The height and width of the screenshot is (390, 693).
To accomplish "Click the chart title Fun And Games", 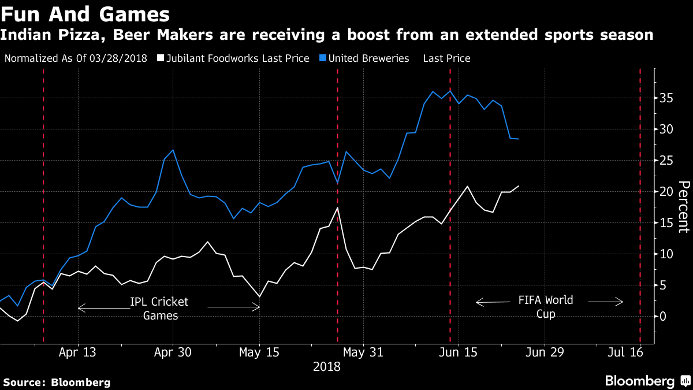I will (85, 13).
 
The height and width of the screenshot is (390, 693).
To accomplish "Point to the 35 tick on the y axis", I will (667, 98).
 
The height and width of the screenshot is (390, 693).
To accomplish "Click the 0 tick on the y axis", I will (664, 317).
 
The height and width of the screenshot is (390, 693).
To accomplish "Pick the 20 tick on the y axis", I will (667, 192).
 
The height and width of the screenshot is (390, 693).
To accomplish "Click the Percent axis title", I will (683, 207).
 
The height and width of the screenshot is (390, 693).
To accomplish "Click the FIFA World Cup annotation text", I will (546, 307).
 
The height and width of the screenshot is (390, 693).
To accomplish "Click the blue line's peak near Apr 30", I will (173, 150).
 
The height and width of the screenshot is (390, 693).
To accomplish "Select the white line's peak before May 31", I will (338, 207).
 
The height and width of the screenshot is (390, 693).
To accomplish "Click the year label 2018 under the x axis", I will (327, 367).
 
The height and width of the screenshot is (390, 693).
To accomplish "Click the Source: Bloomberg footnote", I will (57, 382).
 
